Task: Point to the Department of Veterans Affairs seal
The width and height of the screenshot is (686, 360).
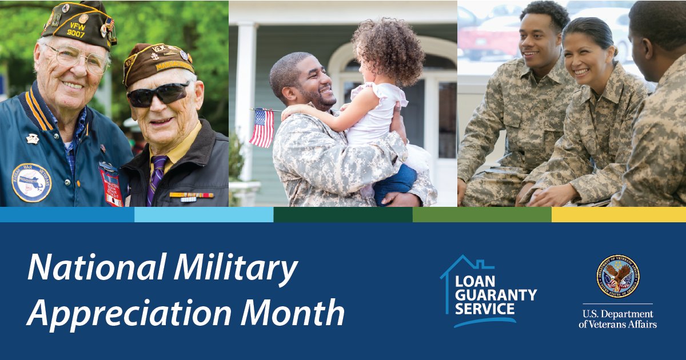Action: click(617, 277)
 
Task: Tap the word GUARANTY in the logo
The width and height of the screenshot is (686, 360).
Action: click(496, 295)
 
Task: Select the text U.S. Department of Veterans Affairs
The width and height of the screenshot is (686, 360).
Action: click(617, 319)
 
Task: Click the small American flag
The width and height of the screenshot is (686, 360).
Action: click(262, 127)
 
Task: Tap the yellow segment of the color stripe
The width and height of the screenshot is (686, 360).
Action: click(619, 214)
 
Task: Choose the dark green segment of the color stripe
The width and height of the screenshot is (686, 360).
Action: click(343, 214)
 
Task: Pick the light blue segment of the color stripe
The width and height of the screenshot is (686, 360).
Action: click(204, 214)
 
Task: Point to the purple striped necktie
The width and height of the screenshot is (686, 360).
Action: click(155, 177)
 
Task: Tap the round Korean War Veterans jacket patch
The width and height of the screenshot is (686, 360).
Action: click(31, 182)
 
